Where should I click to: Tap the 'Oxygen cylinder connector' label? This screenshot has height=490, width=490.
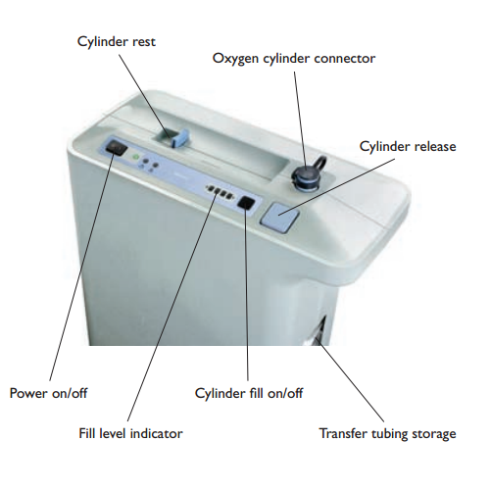point(294,58)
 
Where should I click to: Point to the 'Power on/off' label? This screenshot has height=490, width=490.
point(48,393)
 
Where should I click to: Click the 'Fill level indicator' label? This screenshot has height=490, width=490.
point(130,431)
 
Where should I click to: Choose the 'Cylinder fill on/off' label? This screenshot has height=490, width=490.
point(251,393)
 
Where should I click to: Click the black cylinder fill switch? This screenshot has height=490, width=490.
point(248,206)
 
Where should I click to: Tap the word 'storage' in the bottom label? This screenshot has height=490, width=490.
point(433,432)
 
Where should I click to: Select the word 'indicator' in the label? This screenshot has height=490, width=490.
point(156,431)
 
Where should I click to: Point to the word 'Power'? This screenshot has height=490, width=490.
point(29,393)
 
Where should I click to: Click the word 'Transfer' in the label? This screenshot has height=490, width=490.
point(345,432)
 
